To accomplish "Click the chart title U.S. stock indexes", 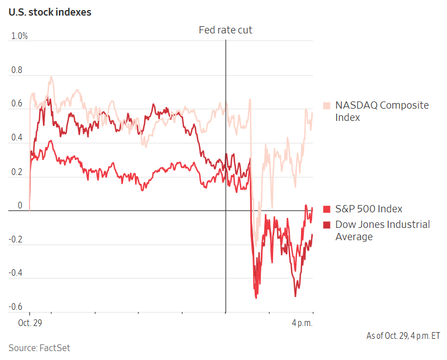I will pos(50,12).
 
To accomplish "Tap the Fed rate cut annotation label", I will pos(226,30).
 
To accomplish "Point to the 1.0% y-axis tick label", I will pos(19,36).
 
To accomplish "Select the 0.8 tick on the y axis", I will pos(17,71).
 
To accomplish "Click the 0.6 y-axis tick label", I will pos(17,104).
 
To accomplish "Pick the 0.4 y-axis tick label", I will pos(17,138).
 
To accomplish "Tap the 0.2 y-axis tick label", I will pos(17,172).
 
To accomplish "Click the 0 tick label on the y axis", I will pos(20,206).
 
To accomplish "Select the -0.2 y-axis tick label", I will pos(16,240).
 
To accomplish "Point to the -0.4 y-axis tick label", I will pos(16,273).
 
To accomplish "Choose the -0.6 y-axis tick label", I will pos(16,307).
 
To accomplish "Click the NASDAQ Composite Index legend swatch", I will pos(327,105).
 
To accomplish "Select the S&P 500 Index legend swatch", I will pos(327,210).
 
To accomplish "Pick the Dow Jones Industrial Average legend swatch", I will pos(327,225).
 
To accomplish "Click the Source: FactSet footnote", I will pos(39,348).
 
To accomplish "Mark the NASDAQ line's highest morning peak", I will pos(51,77).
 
